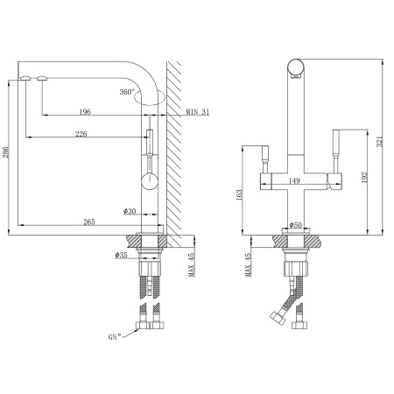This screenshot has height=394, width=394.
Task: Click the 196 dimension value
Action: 85,110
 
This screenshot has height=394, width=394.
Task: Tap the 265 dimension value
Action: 88,222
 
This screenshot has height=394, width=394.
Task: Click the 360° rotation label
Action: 127,92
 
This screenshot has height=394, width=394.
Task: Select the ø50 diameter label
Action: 295,225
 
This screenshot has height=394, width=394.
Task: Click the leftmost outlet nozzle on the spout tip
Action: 25,78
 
